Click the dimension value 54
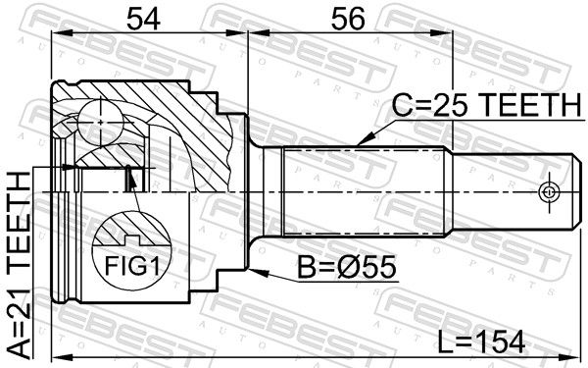click(143, 19)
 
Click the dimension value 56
click(347, 19)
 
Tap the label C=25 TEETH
click(487, 105)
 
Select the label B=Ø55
click(347, 267)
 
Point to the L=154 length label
click(481, 342)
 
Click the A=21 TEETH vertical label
click(20, 265)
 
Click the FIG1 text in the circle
click(132, 266)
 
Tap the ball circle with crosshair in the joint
click(101, 122)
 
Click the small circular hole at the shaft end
click(549, 192)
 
